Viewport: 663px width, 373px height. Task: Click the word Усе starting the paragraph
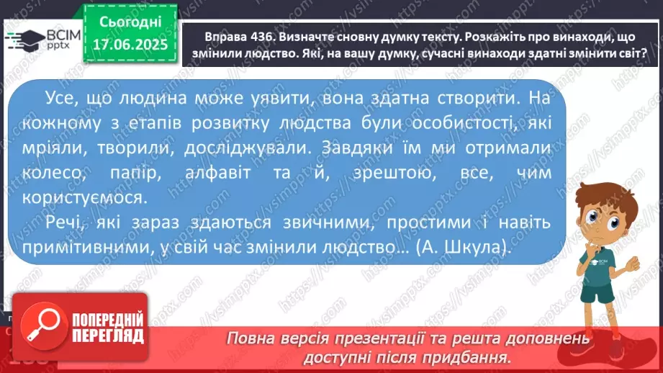65,97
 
